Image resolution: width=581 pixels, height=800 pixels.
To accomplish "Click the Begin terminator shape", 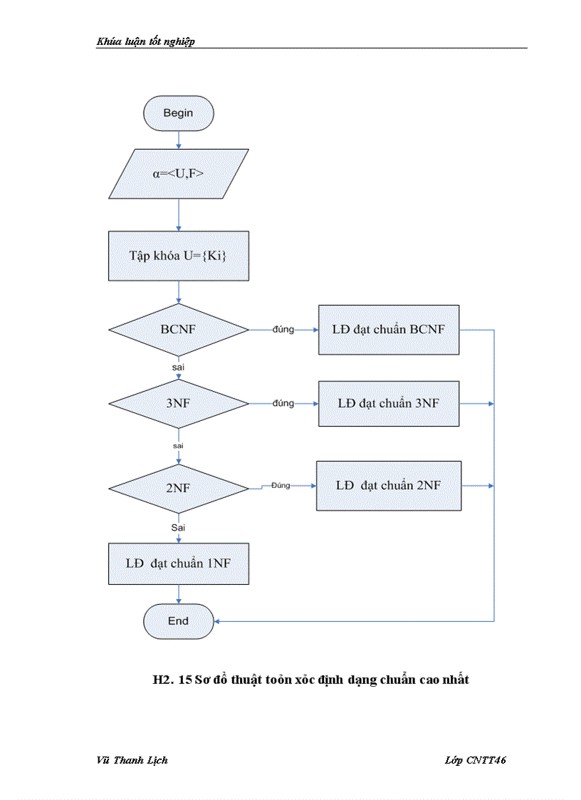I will (178, 113).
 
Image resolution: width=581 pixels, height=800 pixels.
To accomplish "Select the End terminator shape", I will (178, 621).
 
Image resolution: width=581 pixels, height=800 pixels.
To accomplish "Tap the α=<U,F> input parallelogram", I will (178, 173).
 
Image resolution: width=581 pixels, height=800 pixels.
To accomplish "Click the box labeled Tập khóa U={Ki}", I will (178, 256).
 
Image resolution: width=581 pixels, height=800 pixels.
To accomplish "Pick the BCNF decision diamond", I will (178, 330).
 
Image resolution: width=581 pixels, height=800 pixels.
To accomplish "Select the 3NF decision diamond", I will (178, 403).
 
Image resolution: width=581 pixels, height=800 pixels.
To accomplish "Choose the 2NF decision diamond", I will (178, 488).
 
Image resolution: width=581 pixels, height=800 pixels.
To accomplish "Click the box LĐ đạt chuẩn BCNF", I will (389, 330).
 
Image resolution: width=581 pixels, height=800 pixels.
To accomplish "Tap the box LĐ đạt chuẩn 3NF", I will (389, 403).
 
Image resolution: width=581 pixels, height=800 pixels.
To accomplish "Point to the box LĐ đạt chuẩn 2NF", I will (389, 486).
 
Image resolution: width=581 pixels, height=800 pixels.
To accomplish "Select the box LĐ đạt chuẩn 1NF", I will (178, 563).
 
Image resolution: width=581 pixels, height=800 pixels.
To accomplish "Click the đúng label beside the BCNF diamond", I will (283, 330).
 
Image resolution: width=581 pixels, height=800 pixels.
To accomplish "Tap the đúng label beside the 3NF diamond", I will (283, 403).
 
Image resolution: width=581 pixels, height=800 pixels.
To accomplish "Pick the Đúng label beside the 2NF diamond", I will (281, 485).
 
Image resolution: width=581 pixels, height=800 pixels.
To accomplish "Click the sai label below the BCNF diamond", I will (178, 366).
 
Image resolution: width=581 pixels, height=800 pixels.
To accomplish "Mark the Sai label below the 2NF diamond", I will (178, 527).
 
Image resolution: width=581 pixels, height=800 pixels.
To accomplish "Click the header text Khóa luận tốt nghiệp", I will (146, 41).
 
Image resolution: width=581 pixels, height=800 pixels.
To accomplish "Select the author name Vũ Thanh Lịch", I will (132, 760).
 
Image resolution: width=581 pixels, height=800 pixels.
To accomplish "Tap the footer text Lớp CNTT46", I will (475, 760).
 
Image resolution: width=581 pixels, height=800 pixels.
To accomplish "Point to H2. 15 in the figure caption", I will (172, 680).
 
